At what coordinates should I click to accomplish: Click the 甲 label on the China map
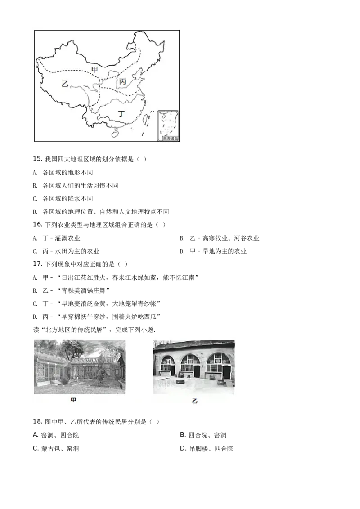94,69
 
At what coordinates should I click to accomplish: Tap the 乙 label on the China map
65,84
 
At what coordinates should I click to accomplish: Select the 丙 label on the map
122,81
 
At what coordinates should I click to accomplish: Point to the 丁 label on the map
121,114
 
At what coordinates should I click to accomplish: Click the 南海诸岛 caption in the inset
171,139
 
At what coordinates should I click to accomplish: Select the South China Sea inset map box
168,125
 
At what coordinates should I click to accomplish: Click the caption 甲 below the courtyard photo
74,400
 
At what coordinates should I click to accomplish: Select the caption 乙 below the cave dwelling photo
194,401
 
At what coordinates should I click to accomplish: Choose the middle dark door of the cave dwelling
197,371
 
